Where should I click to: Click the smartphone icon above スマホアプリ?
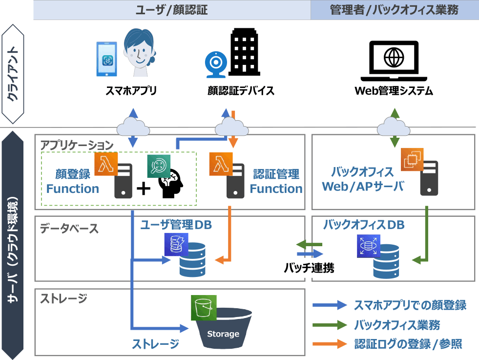tap(107, 59)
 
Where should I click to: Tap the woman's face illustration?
tap(139, 52)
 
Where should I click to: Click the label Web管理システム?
tap(394, 91)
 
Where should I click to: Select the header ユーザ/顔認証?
tap(171, 10)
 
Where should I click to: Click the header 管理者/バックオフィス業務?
tap(394, 10)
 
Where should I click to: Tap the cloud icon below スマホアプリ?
tap(133, 128)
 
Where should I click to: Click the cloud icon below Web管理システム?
tap(394, 128)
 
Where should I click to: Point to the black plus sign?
tap(143, 188)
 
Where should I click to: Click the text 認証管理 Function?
tap(276, 182)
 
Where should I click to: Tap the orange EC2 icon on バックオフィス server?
tap(412, 159)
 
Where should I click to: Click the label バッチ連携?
tap(309, 268)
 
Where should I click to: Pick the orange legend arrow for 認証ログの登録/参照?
tap(330, 344)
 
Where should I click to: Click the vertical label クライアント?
tap(13, 73)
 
